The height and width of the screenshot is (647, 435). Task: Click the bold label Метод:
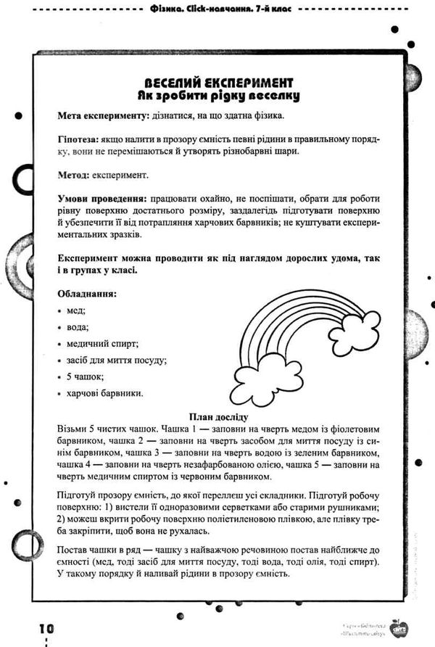[x=72, y=175]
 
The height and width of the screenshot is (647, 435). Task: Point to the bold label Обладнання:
[x=86, y=294]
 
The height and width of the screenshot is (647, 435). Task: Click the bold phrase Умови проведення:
[x=101, y=199]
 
